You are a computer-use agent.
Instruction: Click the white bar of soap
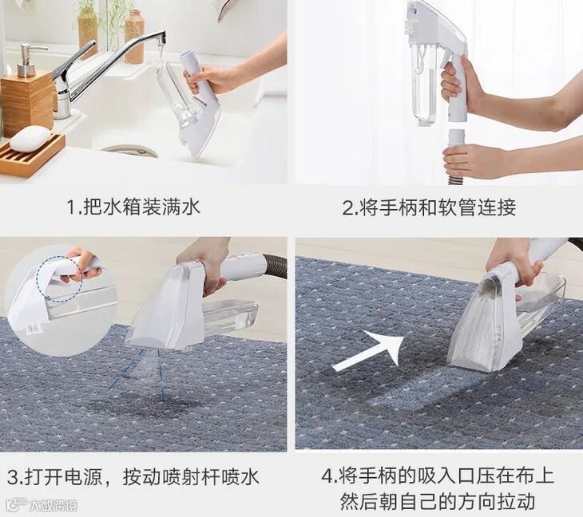(30, 138)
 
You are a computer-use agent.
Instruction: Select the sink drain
(129, 151)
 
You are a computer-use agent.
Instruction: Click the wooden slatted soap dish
(32, 154)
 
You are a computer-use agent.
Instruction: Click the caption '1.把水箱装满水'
(134, 207)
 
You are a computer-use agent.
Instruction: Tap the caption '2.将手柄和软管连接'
(429, 207)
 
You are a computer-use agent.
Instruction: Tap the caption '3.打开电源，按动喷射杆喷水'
(133, 477)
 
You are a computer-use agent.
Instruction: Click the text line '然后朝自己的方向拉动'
(438, 501)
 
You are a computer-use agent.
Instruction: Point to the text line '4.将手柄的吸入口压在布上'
(438, 476)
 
